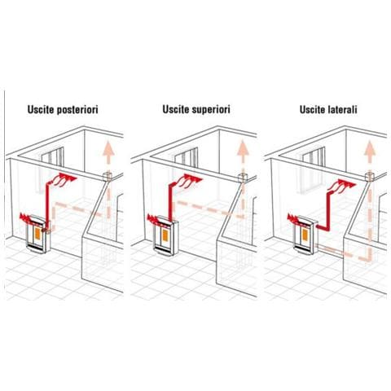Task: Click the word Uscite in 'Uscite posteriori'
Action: (41, 109)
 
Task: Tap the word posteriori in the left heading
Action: (77, 110)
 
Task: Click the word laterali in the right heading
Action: (343, 109)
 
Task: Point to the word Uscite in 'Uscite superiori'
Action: (176, 109)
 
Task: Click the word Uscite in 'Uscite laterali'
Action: (313, 109)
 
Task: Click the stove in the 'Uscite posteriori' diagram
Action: (38, 234)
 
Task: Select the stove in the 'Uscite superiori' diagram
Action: (165, 235)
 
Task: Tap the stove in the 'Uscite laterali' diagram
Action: (305, 234)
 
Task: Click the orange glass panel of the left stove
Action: (37, 233)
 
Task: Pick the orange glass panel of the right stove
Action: (305, 234)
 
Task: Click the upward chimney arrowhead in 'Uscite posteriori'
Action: (108, 148)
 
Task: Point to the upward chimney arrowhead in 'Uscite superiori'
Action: (243, 148)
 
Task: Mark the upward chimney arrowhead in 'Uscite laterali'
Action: (370, 148)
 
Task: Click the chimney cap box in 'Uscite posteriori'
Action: (108, 177)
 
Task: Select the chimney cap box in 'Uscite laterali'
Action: (370, 176)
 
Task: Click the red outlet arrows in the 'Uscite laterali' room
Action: (342, 186)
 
